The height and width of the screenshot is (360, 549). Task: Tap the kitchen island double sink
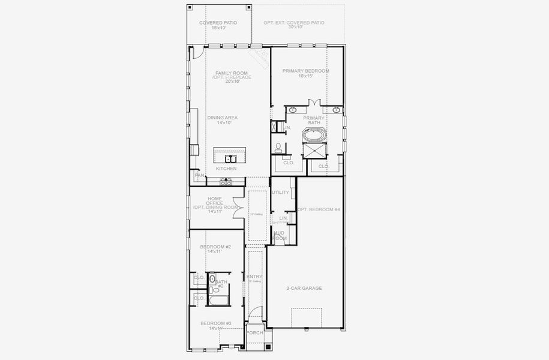pos(232,159)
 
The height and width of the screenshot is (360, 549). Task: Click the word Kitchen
pos(226,169)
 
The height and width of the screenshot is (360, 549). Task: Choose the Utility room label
pos(280,193)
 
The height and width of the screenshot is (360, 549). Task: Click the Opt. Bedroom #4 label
pos(319,209)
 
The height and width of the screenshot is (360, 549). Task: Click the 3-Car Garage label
pos(304,289)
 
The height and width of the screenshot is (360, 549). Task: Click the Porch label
pos(255,332)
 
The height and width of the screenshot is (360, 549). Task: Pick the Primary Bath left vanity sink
pos(293,110)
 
